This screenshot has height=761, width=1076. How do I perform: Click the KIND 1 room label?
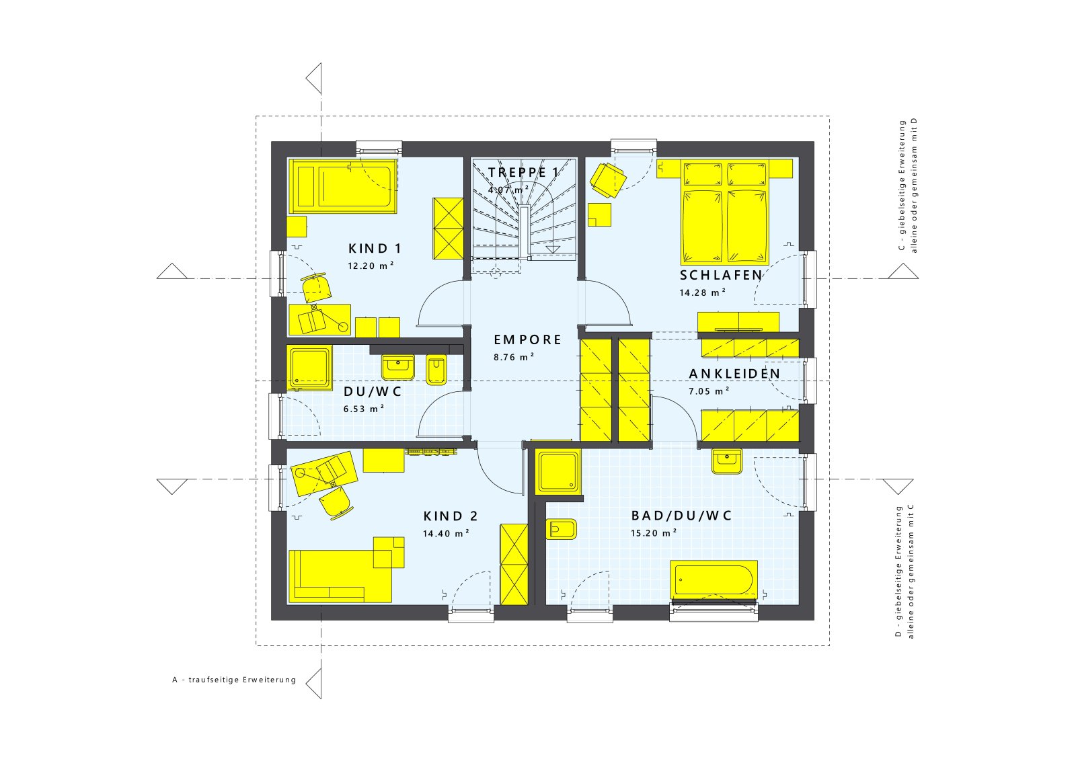[375, 248]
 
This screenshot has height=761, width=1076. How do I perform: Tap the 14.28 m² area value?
[702, 292]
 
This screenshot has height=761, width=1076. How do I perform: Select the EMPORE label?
[527, 339]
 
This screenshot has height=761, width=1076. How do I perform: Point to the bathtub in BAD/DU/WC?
[714, 579]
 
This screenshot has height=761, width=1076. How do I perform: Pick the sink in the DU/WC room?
[398, 366]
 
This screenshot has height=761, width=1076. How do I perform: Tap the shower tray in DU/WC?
[309, 368]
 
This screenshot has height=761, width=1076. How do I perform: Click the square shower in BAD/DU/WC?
[558, 471]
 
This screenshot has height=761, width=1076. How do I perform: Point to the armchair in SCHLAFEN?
[608, 179]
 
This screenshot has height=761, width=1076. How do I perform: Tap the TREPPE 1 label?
[523, 173]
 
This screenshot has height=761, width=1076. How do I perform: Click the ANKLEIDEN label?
[734, 374]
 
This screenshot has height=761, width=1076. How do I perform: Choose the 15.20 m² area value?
[653, 532]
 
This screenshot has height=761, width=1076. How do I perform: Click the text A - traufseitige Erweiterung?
[234, 680]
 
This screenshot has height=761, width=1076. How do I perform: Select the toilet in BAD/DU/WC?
[562, 530]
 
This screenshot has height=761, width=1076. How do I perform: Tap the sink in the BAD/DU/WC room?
[726, 461]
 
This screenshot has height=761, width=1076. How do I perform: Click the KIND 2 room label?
[451, 516]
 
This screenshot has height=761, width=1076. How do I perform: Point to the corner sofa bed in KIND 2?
[340, 575]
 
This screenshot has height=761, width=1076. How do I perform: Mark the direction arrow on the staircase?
[553, 249]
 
